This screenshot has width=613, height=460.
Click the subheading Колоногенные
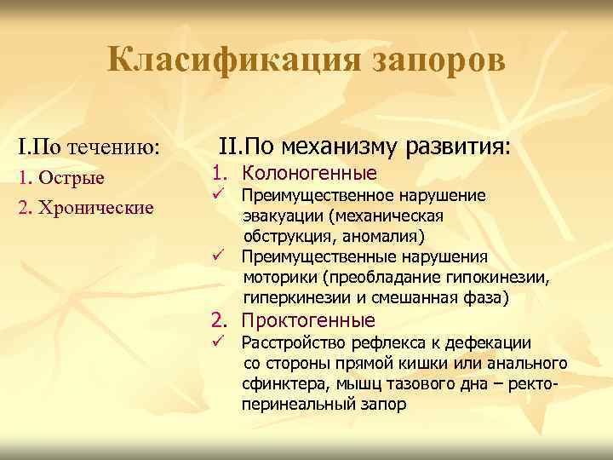(309, 174)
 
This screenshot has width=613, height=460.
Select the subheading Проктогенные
(308, 320)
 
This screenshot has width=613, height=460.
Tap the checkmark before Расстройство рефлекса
(218, 342)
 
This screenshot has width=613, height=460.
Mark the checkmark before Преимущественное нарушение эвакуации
(218, 195)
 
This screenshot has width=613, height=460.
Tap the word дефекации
(490, 343)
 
